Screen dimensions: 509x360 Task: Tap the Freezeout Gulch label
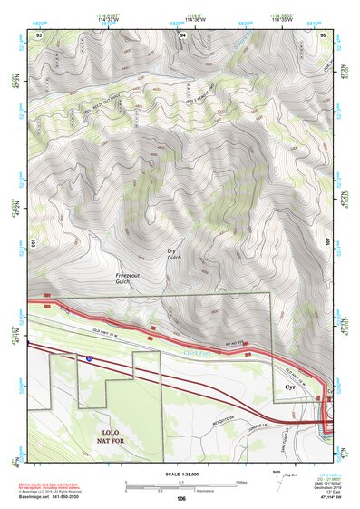[x=130, y=278]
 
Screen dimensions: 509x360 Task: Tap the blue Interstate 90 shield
[x=89, y=359]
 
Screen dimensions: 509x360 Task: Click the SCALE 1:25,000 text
[x=181, y=474]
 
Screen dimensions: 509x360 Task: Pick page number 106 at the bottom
[x=181, y=499]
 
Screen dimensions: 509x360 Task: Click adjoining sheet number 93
[x=39, y=34]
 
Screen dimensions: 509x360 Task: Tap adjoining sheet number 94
[x=182, y=34]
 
